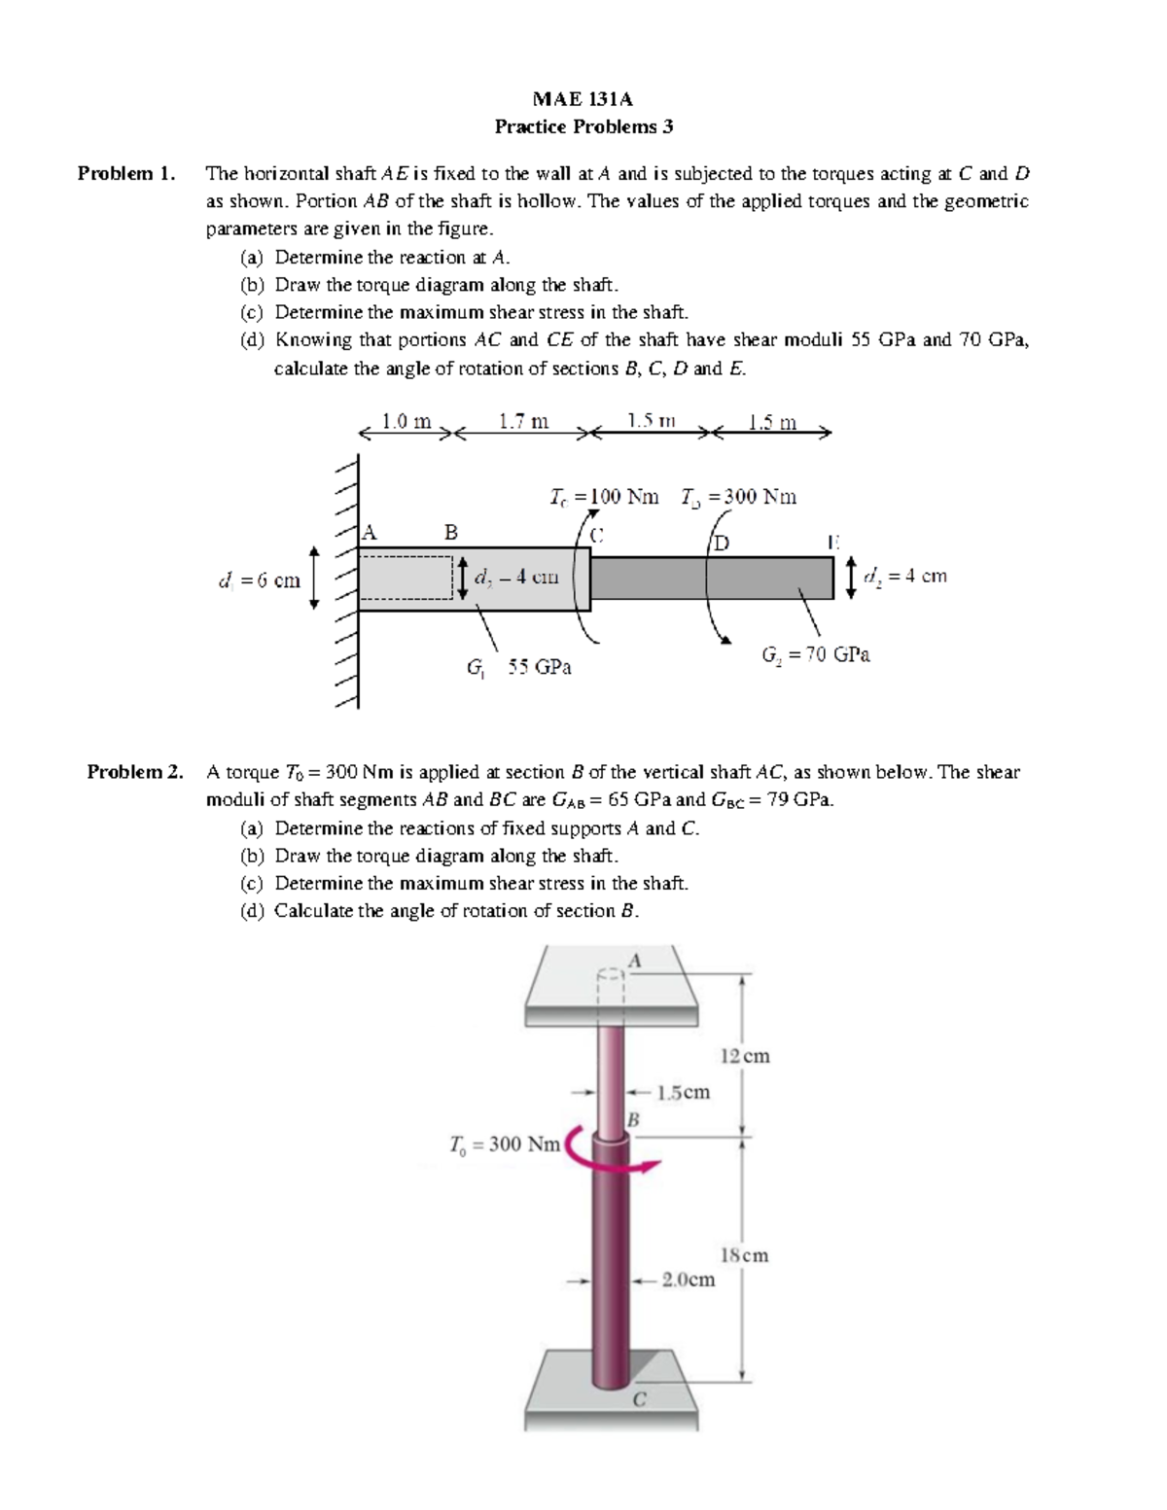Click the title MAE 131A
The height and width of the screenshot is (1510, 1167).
(583, 99)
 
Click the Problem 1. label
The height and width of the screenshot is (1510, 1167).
(127, 174)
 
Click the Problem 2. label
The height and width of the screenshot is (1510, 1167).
(135, 772)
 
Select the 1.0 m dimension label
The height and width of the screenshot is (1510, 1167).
(406, 421)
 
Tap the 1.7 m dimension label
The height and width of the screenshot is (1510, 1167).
(523, 421)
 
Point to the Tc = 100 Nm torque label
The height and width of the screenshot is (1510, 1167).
(603, 497)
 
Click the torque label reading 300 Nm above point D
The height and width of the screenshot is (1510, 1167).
(739, 497)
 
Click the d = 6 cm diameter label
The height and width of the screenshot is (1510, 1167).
(259, 580)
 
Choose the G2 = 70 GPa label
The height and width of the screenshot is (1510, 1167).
(816, 654)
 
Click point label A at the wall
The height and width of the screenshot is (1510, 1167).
(369, 532)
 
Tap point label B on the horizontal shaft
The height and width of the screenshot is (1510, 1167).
(450, 532)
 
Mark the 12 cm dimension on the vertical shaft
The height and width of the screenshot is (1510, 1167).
(745, 1056)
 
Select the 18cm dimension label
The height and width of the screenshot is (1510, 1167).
(744, 1255)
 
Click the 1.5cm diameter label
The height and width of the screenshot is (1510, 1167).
(684, 1092)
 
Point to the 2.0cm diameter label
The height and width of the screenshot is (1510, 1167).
(689, 1280)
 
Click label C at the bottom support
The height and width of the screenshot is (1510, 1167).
(639, 1400)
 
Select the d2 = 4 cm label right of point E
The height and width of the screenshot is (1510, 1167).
(905, 576)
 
